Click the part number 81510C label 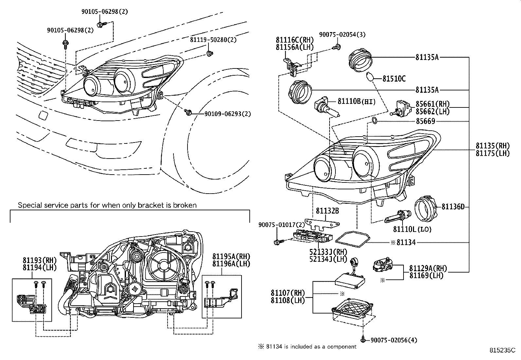tap(394, 79)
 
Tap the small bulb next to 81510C tap(369, 77)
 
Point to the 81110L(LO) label tap(412, 229)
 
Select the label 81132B tap(327, 211)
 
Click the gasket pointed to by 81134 tap(353, 239)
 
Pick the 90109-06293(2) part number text tap(228, 114)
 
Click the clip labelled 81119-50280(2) tap(210, 54)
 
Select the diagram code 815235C tap(502, 350)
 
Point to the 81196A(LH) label tap(231, 264)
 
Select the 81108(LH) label tap(288, 300)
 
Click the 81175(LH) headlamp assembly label tap(493, 153)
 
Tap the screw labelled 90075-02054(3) tap(337, 47)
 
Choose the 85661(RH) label tap(433, 104)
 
